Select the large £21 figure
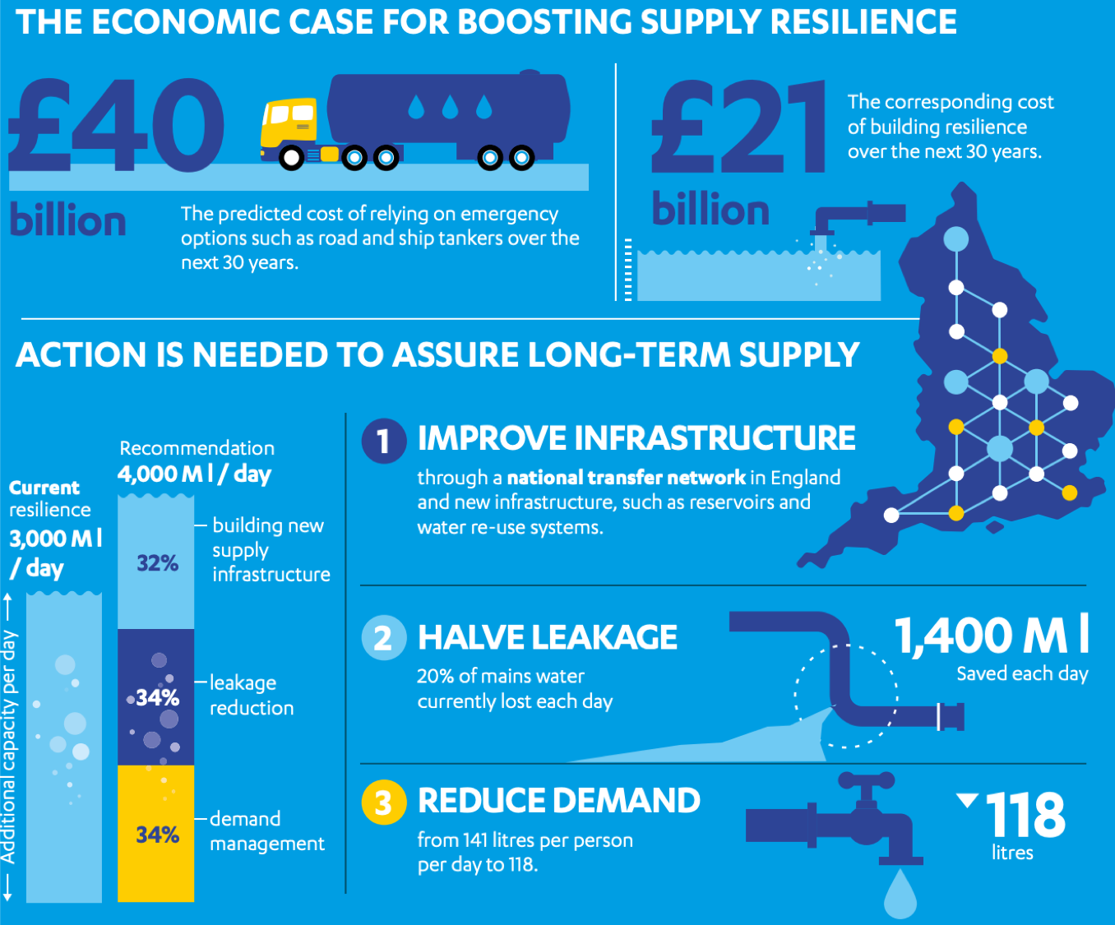pyautogui.click(x=738, y=127)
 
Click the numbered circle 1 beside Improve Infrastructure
pyautogui.click(x=383, y=441)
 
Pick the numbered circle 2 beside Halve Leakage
pyautogui.click(x=383, y=638)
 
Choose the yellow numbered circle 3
pyautogui.click(x=383, y=802)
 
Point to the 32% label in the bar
pyautogui.click(x=157, y=563)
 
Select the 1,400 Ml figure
pyautogui.click(x=992, y=636)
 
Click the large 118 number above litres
pyautogui.click(x=1025, y=815)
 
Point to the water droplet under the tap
pyautogui.click(x=900, y=895)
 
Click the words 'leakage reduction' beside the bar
pyautogui.click(x=251, y=695)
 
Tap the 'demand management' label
pyautogui.click(x=266, y=830)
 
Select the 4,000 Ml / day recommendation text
pyautogui.click(x=194, y=474)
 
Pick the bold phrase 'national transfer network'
pyautogui.click(x=626, y=478)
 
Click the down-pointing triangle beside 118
pyautogui.click(x=967, y=799)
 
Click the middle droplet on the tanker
pyautogui.click(x=450, y=106)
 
